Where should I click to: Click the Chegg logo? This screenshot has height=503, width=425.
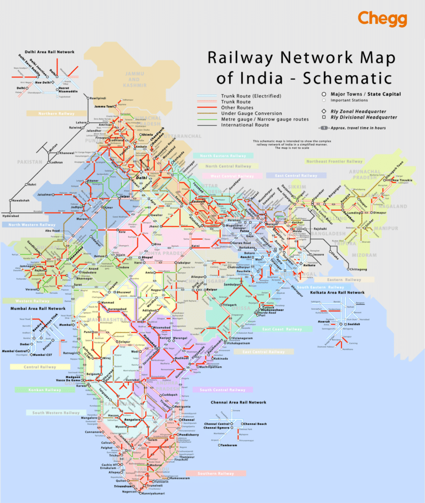pyautogui.click(x=382, y=18)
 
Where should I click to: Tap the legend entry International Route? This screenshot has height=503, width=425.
pyautogui.click(x=245, y=125)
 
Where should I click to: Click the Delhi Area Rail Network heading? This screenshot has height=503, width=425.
pyautogui.click(x=42, y=52)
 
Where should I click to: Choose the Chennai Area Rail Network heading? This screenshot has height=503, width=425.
pyautogui.click(x=238, y=402)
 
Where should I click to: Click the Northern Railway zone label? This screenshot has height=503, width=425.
pyautogui.click(x=56, y=113)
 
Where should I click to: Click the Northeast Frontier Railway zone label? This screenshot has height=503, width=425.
pyautogui.click(x=335, y=162)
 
